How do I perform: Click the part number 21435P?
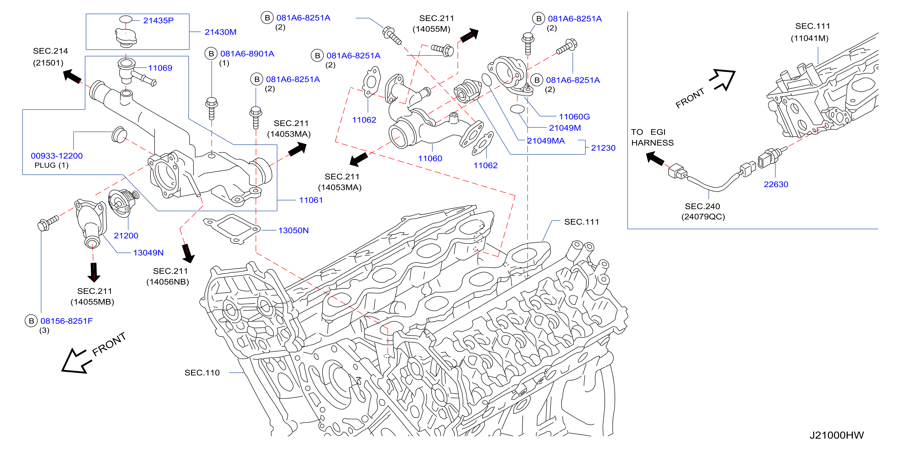[x=158, y=20]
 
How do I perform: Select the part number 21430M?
[x=220, y=32]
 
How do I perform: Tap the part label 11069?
[x=160, y=68]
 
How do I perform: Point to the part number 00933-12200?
[x=57, y=156]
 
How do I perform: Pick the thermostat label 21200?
[x=126, y=236]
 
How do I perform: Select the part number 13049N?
[x=148, y=253]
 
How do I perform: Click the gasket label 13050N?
[x=293, y=230]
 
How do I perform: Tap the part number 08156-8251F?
[x=66, y=321]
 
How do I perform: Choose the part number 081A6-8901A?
[x=247, y=54]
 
